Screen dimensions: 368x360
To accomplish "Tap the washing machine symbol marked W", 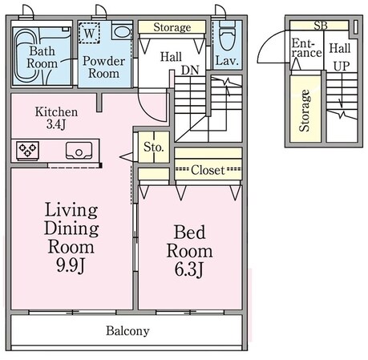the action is [90, 33].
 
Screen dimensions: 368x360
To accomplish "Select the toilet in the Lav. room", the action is [227, 35].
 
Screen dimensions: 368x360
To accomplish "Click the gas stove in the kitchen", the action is [27, 151].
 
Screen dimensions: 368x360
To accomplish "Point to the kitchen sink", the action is [79, 151].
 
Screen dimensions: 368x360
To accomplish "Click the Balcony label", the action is [127, 331].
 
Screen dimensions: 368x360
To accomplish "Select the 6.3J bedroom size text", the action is [189, 269].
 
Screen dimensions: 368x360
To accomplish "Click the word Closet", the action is [208, 170].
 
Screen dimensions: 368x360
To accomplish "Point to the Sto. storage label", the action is [154, 147].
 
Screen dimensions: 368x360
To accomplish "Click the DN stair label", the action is [190, 71].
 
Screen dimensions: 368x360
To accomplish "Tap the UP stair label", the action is [342, 67].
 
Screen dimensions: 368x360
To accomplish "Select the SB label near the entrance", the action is [321, 26].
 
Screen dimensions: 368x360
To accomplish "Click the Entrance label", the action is [306, 48].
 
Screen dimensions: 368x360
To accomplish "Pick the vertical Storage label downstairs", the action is [305, 111].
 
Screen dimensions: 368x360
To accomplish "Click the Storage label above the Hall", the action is [172, 27].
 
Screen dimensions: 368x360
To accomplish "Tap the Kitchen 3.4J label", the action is [56, 118].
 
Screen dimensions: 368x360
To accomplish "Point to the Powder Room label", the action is [103, 67].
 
